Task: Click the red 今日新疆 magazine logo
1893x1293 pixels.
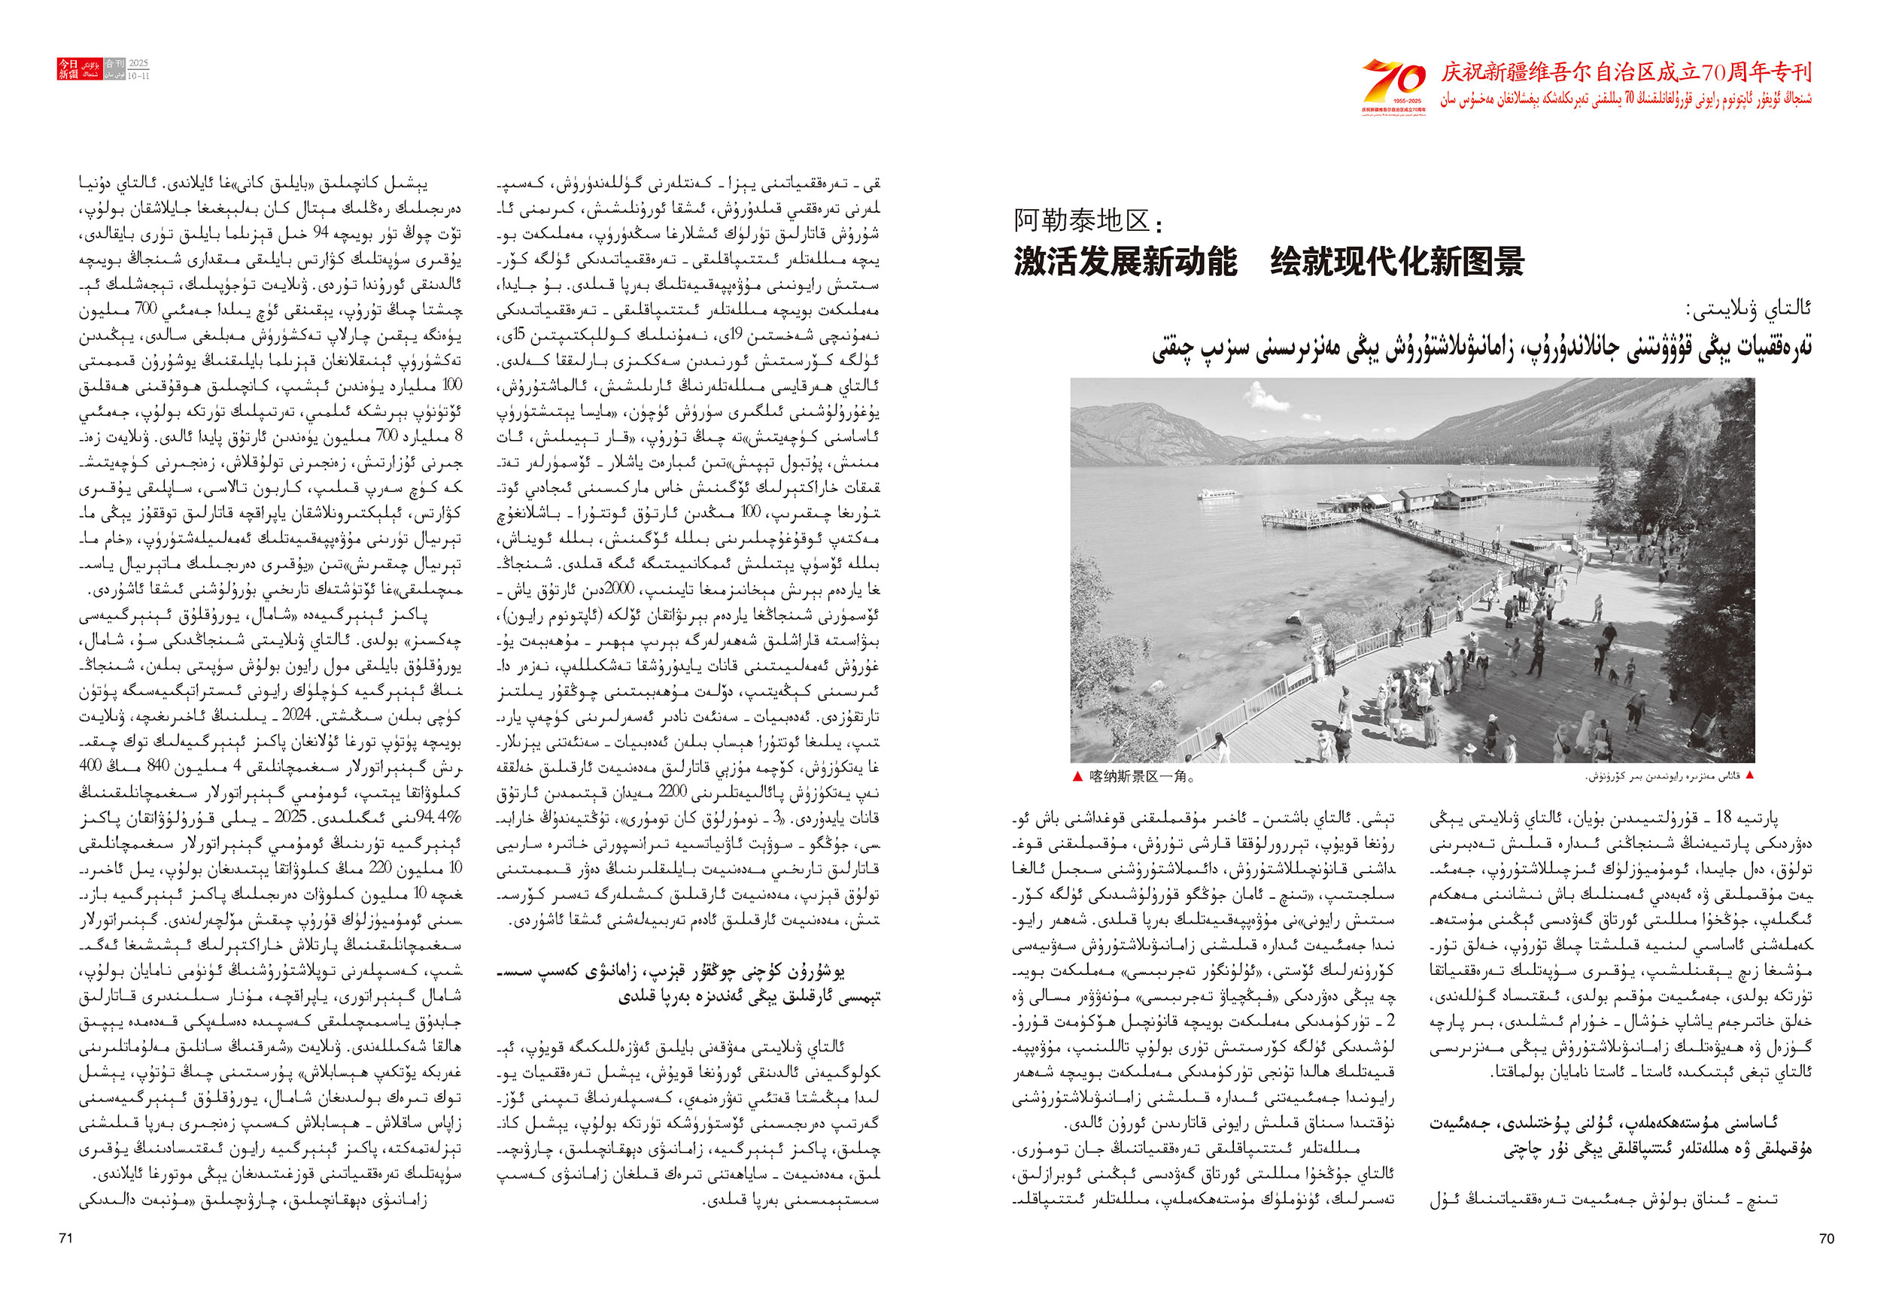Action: [68, 69]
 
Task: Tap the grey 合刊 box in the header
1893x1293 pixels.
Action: [115, 63]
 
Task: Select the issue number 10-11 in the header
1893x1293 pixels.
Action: [138, 76]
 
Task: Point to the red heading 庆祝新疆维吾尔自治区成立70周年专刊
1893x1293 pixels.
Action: [1626, 72]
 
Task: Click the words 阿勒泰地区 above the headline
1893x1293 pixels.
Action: [1082, 220]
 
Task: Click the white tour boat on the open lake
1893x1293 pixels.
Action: [1212, 493]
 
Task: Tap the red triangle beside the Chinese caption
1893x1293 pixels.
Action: [1077, 777]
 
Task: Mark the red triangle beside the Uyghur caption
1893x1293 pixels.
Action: [1748, 776]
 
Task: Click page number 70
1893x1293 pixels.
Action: [1826, 1238]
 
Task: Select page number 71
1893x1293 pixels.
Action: [66, 1238]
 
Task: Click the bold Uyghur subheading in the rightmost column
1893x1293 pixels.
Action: [1621, 1137]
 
